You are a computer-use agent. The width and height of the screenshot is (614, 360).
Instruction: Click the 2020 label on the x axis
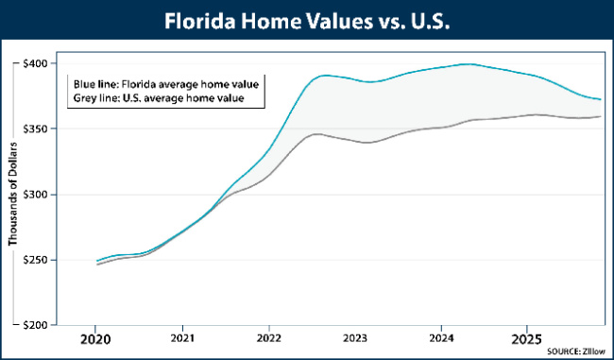pos(95,338)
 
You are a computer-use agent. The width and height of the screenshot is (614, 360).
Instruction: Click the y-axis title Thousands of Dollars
pos(13,195)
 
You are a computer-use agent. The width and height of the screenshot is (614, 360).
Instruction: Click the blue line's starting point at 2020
pos(95,261)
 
